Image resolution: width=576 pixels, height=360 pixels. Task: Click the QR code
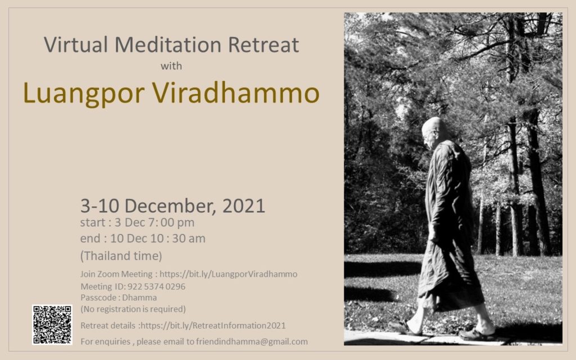coord(52,325)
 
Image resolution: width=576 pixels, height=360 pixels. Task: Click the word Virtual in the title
coord(76,45)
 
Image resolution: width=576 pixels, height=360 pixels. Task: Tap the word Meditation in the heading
coord(168,45)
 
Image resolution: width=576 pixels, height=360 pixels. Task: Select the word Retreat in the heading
coord(263,45)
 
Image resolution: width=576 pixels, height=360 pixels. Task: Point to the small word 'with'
coord(171,66)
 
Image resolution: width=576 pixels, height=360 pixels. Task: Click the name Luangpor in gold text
coord(84,94)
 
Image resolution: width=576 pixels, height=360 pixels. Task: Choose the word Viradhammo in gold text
coord(236,93)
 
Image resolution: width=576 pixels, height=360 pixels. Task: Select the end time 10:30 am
coord(177,238)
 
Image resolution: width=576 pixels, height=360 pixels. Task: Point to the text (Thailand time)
coord(121,256)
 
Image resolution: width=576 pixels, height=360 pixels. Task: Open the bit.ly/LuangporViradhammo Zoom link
coord(228,274)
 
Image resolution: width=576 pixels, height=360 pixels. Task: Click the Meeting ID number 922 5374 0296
coord(156,286)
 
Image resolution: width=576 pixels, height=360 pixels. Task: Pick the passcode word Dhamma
coord(139,298)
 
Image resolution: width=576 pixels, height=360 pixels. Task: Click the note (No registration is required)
coord(133,309)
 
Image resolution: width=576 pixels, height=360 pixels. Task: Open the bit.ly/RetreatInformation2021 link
coord(213,326)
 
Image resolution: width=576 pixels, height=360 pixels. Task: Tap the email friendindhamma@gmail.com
coord(252,341)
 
